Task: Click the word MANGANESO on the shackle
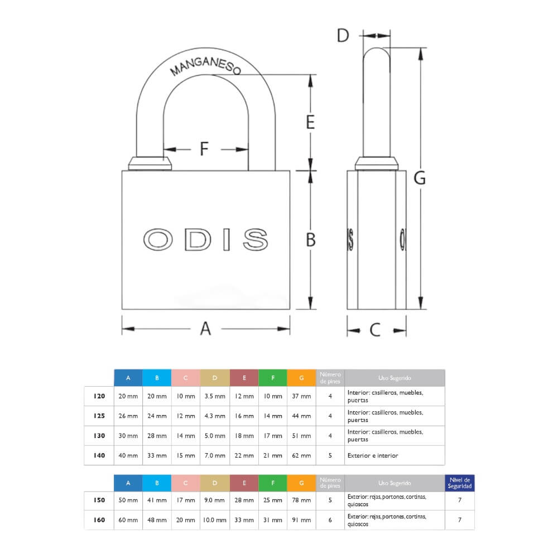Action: [x=205, y=62]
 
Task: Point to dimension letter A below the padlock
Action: [x=206, y=329]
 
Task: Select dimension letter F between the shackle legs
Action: [x=204, y=149]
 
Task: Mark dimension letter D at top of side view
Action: [x=343, y=35]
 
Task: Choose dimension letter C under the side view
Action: [x=375, y=330]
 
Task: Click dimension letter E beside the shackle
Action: [x=311, y=122]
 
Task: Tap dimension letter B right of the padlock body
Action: [x=311, y=239]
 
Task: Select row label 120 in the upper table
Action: [x=99, y=396]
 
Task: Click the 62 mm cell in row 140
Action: [x=301, y=455]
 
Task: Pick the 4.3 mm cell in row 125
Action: [x=215, y=416]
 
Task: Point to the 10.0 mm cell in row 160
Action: [x=215, y=519]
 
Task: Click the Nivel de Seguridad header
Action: [x=460, y=483]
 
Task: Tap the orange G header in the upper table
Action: [x=301, y=378]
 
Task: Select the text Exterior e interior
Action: [x=373, y=455]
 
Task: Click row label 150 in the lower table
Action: [x=99, y=500]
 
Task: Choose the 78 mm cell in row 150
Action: [x=301, y=500]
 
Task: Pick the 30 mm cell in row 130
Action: [x=128, y=435]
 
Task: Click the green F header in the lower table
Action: [x=273, y=483]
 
